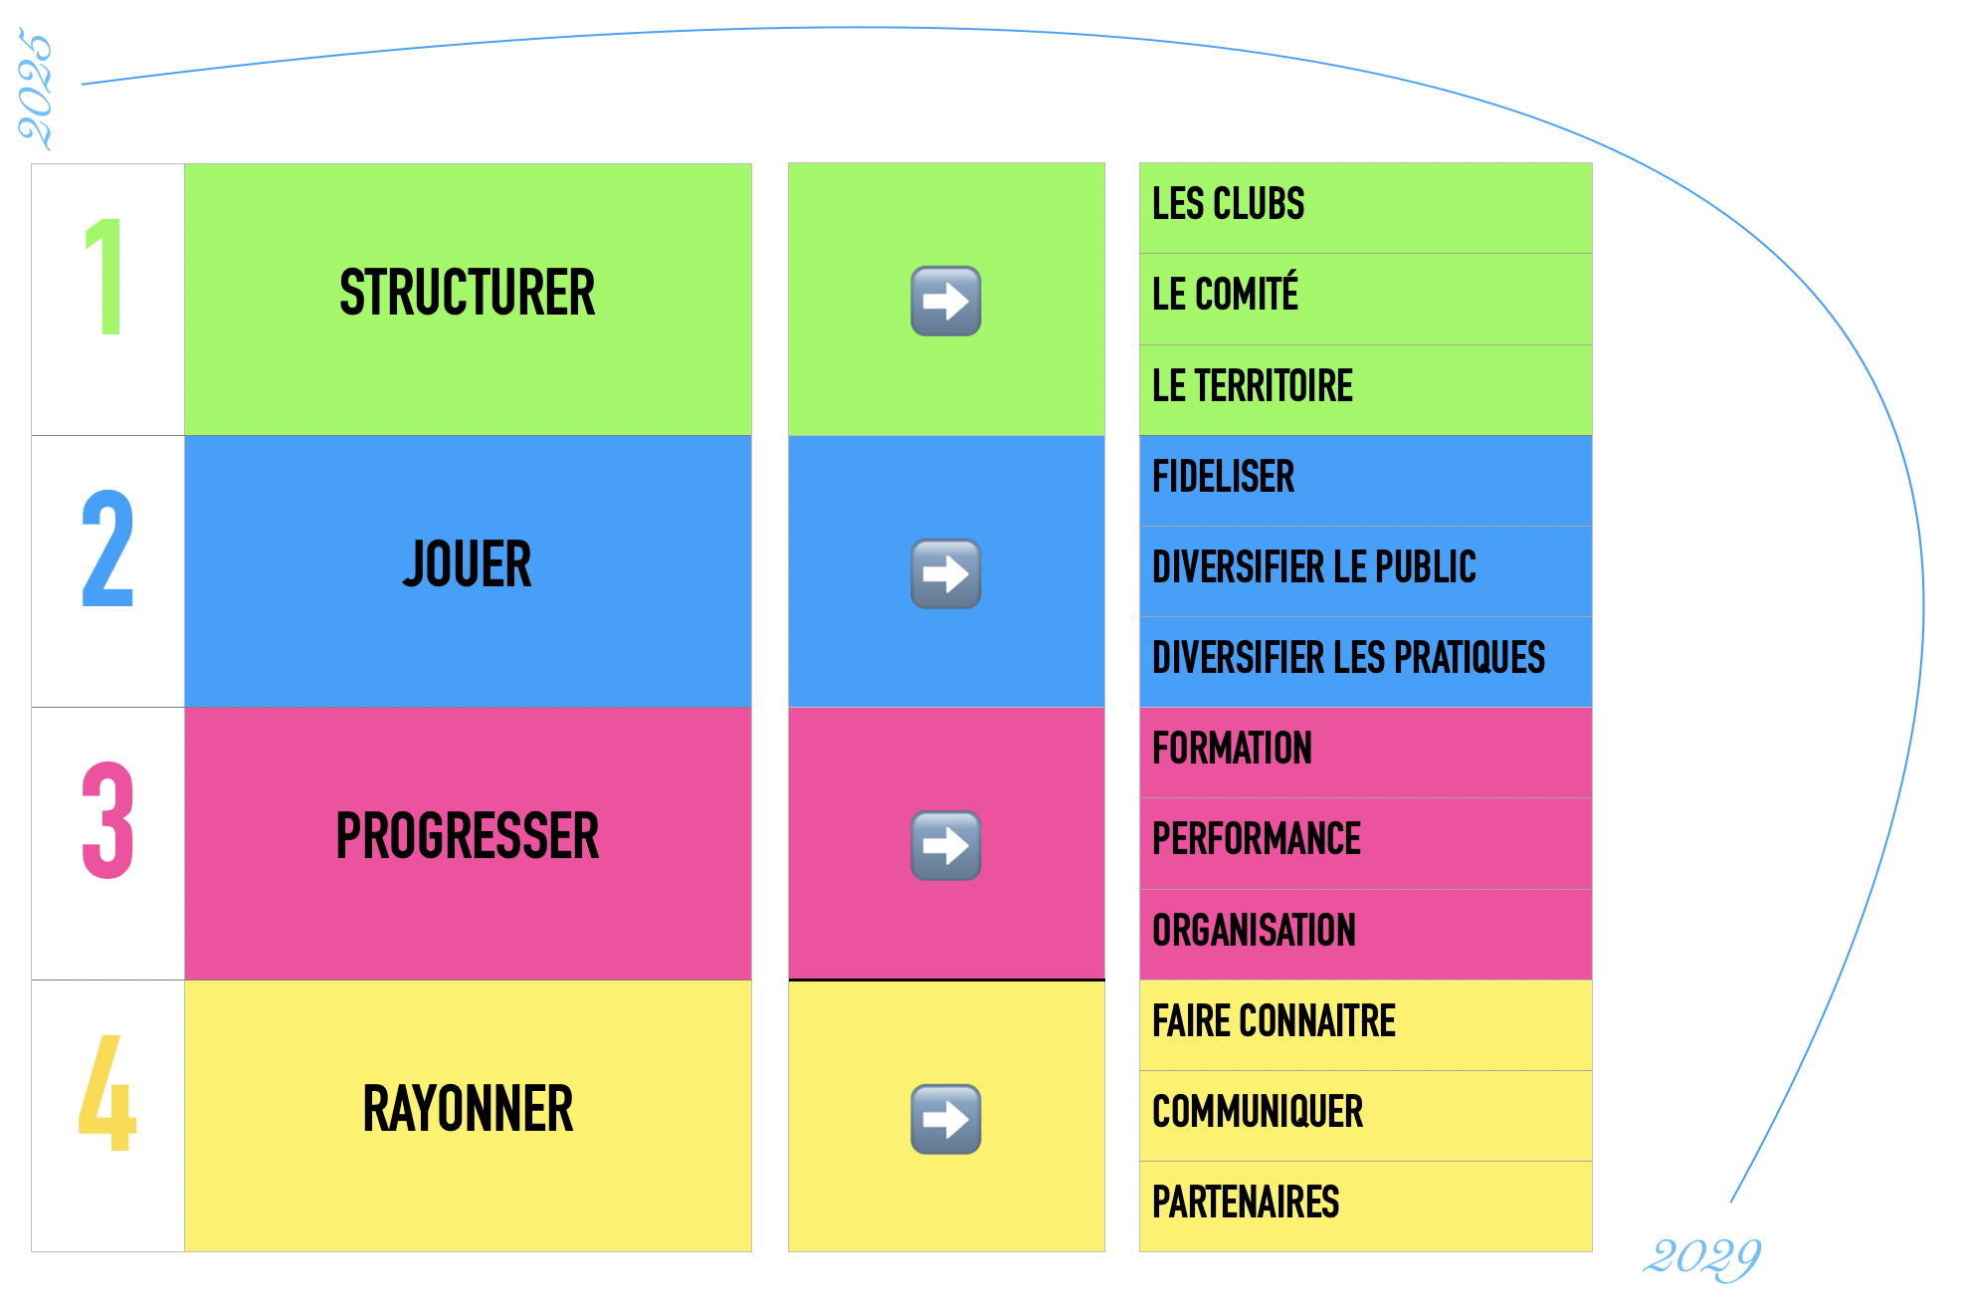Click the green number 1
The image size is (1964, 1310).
pyautogui.click(x=105, y=277)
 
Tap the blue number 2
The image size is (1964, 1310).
pyautogui.click(x=107, y=548)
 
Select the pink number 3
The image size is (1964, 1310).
pyautogui.click(x=107, y=820)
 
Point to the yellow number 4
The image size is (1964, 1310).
pyautogui.click(x=107, y=1093)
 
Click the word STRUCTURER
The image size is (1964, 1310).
pyautogui.click(x=467, y=293)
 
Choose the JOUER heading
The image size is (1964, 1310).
pyautogui.click(x=467, y=564)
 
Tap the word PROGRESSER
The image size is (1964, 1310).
pyautogui.click(x=467, y=836)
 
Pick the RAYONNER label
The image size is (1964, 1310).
pyautogui.click(x=467, y=1109)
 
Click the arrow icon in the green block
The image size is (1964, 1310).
pyautogui.click(x=945, y=301)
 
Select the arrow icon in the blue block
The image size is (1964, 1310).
pyautogui.click(x=945, y=573)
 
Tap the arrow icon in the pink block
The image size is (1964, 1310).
pyautogui.click(x=945, y=846)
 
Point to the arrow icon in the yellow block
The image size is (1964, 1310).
pyautogui.click(x=945, y=1119)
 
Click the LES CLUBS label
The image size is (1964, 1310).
pyautogui.click(x=1228, y=204)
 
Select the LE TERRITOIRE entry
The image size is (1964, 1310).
pyautogui.click(x=1252, y=386)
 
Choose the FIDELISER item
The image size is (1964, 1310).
pyautogui.click(x=1223, y=477)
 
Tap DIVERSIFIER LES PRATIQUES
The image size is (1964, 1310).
pyautogui.click(x=1348, y=658)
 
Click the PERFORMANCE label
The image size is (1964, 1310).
pyautogui.click(x=1256, y=839)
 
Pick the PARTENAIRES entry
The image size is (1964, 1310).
pyautogui.click(x=1245, y=1202)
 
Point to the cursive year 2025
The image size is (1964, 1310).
pyautogui.click(x=35, y=90)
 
